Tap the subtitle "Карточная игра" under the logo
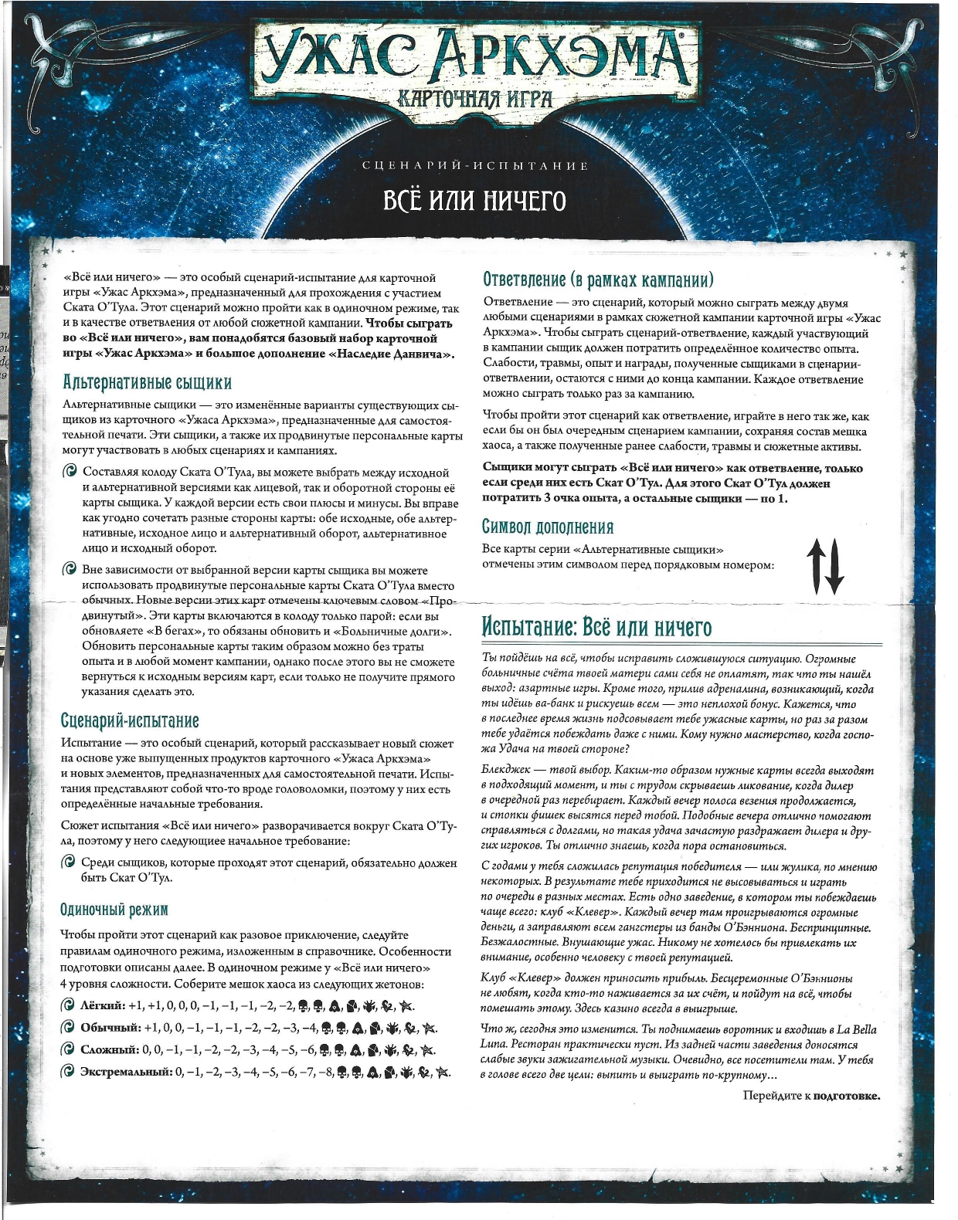(x=474, y=98)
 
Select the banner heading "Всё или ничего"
(x=475, y=201)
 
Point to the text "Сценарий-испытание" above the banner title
(x=475, y=166)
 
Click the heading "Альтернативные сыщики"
(x=147, y=383)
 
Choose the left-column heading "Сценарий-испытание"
(x=130, y=721)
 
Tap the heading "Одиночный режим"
(x=114, y=910)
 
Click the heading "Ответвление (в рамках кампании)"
(x=598, y=280)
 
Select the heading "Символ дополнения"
(x=548, y=527)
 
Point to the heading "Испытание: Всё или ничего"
(x=596, y=626)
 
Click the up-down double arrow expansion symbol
(x=825, y=565)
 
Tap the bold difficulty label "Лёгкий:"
(x=103, y=1005)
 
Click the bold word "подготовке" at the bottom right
(x=847, y=1096)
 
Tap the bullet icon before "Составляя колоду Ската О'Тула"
(x=70, y=472)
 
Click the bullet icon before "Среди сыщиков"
(x=70, y=862)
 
